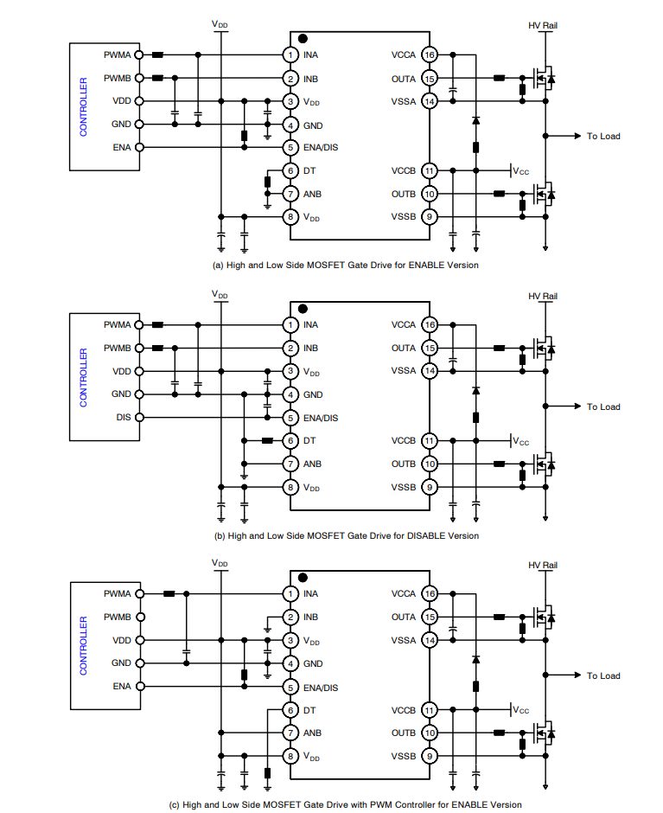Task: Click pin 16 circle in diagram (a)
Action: (429, 55)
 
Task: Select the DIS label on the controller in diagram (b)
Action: (122, 417)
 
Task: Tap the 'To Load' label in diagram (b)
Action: (603, 406)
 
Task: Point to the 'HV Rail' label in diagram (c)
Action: (543, 566)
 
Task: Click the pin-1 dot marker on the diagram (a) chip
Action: (303, 39)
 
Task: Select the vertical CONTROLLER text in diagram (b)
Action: (84, 377)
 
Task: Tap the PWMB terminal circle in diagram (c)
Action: (140, 618)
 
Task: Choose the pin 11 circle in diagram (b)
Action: (429, 440)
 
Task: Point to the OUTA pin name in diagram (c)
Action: (404, 618)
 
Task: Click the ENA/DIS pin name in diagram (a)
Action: (321, 148)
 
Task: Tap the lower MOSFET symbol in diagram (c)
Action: (544, 733)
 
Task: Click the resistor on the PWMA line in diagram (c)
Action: (169, 594)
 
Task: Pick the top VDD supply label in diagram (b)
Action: (221, 294)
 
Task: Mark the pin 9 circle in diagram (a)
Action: (429, 217)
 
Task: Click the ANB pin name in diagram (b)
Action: (312, 464)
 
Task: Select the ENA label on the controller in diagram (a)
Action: (122, 148)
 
